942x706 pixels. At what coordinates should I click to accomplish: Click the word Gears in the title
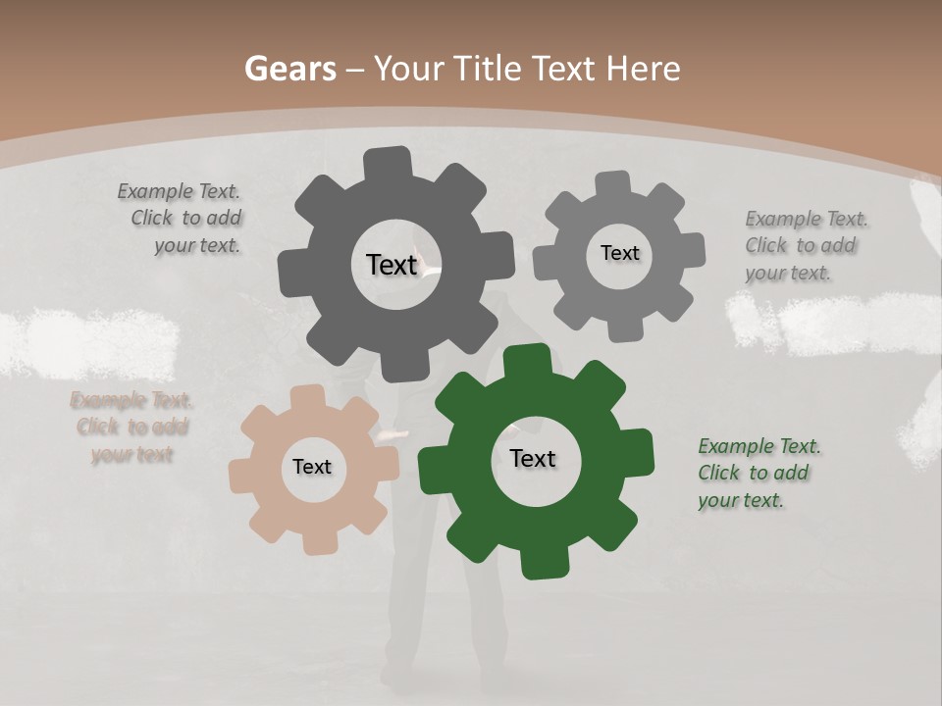coord(288,69)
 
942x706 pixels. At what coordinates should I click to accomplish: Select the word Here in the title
coord(643,69)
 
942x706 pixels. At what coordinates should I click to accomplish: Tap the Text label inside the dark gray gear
coord(392,265)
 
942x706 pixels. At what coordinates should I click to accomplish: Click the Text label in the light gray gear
coord(619,253)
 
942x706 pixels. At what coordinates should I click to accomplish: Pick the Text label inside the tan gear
coord(312,467)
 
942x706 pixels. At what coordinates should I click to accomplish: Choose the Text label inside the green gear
coord(533,458)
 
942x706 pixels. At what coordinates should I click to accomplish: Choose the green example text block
coord(755,473)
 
